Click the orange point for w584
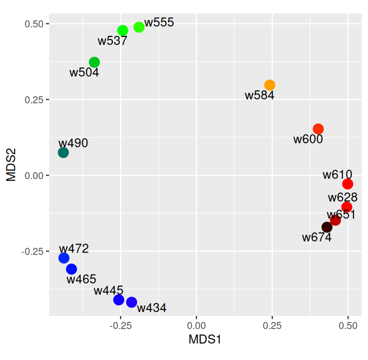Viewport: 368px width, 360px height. (x=270, y=85)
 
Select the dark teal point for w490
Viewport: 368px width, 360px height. (x=63, y=152)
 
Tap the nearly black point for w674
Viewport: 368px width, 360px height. (x=327, y=227)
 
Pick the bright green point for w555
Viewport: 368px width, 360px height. (x=139, y=27)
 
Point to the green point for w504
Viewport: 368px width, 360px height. (x=94, y=62)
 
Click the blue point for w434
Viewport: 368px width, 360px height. (x=131, y=302)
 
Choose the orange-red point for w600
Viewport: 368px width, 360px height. (x=318, y=129)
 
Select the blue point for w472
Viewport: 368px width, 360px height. (x=63, y=258)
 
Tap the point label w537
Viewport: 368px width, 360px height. (x=112, y=41)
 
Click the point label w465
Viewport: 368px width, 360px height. (x=81, y=279)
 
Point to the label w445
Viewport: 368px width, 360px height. (x=108, y=290)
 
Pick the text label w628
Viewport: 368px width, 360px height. (x=342, y=197)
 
